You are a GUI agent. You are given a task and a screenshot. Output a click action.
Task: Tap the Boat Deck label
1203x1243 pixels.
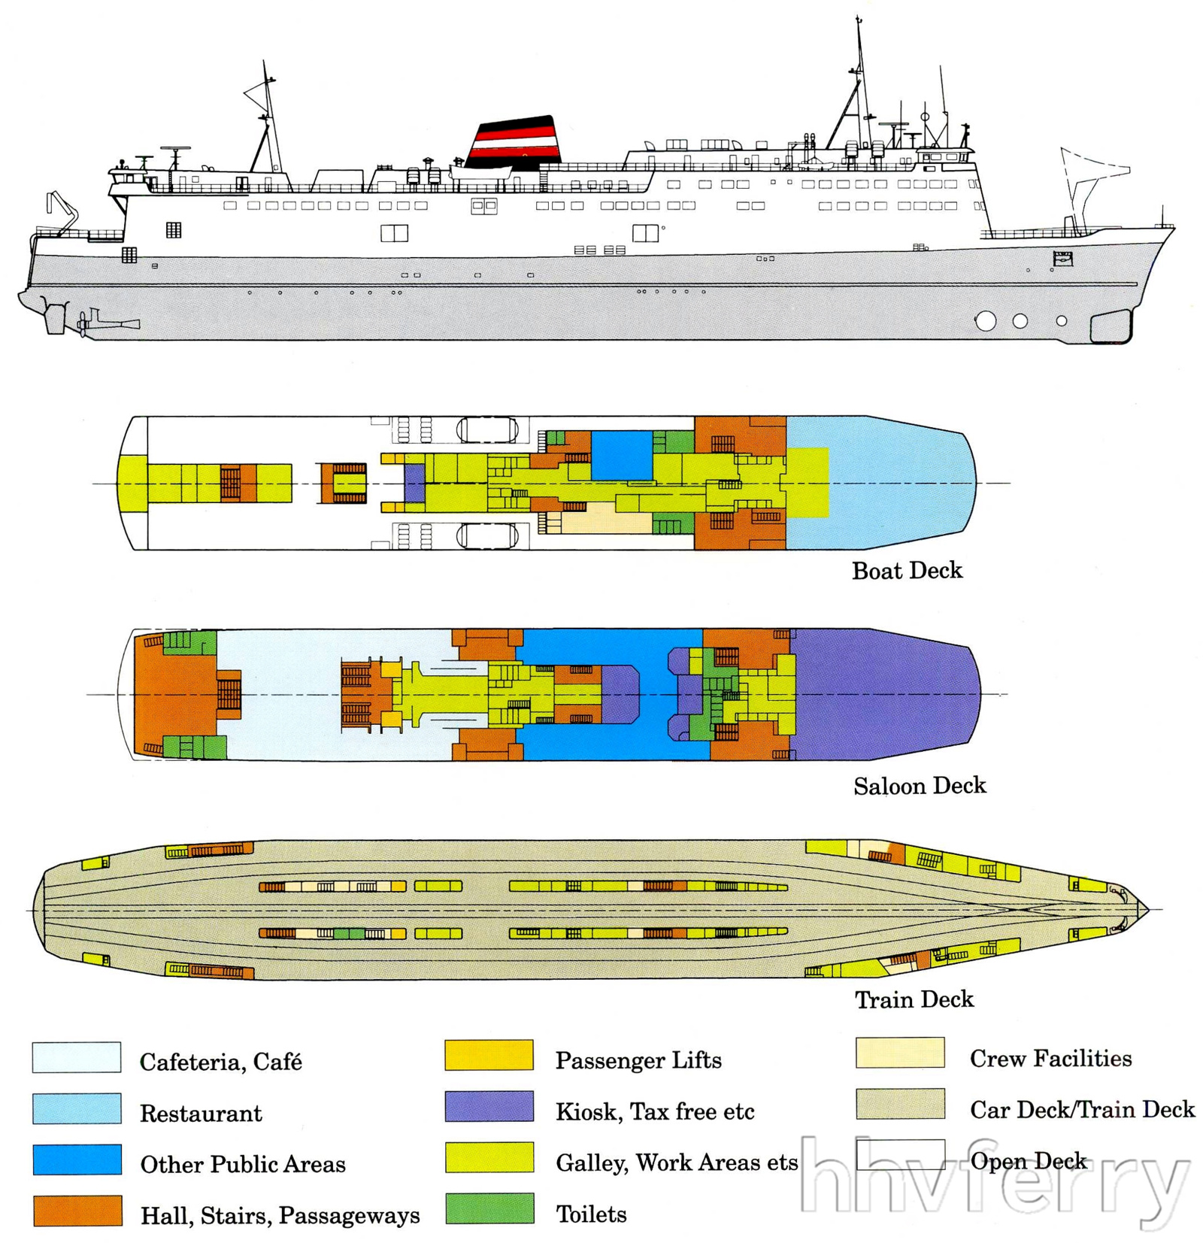click(x=907, y=571)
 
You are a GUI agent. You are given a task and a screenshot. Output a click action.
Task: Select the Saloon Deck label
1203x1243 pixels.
click(x=919, y=786)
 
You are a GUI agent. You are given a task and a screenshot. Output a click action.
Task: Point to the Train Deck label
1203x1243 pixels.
click(x=914, y=999)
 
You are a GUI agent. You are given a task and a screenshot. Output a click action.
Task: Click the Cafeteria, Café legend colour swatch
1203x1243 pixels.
click(x=77, y=1057)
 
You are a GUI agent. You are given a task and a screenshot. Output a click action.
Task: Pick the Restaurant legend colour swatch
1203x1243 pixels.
click(x=77, y=1108)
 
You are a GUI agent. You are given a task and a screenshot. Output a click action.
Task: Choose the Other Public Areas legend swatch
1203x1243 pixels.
click(x=77, y=1160)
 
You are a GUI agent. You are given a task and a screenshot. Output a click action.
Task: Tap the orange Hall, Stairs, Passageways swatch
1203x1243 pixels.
click(x=77, y=1211)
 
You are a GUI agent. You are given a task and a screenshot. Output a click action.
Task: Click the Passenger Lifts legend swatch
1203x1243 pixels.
click(x=489, y=1055)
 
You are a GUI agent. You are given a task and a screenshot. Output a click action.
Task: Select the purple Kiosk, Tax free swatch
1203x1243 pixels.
click(x=489, y=1106)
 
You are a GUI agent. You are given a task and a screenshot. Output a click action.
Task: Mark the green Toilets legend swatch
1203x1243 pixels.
click(x=489, y=1208)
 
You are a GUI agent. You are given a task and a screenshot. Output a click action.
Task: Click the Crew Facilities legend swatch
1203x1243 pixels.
click(x=899, y=1053)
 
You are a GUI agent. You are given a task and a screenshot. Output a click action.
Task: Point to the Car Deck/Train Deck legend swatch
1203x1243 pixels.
click(x=899, y=1103)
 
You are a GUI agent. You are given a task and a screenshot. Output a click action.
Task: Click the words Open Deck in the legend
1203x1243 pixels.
click(x=1028, y=1161)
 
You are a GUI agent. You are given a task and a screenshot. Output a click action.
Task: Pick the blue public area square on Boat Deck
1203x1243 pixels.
click(x=621, y=455)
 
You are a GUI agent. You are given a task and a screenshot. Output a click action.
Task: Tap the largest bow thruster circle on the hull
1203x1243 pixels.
click(x=985, y=321)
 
